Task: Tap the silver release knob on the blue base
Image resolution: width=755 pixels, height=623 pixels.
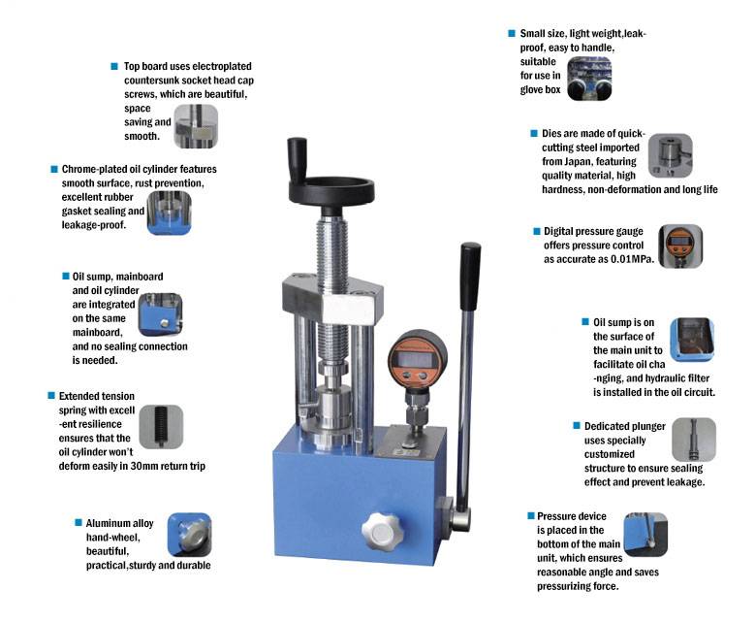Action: (x=381, y=532)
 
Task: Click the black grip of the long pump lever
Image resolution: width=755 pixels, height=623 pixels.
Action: (x=470, y=277)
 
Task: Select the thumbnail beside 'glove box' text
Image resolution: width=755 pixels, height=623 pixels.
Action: (x=589, y=79)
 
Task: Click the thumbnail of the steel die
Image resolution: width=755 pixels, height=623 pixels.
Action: (x=671, y=155)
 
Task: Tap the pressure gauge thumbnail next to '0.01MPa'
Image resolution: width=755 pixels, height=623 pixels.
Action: (x=680, y=246)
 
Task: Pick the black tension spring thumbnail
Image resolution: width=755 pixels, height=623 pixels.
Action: (x=161, y=427)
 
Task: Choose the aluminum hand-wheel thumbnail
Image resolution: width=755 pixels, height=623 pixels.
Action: (x=189, y=535)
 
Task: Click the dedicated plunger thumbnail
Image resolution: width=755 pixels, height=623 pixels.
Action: (x=693, y=440)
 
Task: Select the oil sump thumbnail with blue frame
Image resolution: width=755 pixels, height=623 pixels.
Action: (x=692, y=340)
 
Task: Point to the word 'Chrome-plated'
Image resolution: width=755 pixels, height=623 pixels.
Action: (x=95, y=169)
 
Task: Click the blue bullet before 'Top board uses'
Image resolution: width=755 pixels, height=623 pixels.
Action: (x=114, y=66)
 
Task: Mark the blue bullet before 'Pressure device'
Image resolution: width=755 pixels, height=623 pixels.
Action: (x=531, y=516)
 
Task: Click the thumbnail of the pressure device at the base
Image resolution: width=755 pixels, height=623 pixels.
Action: (x=645, y=535)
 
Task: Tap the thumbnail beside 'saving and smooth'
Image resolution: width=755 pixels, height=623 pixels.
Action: (x=196, y=126)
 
